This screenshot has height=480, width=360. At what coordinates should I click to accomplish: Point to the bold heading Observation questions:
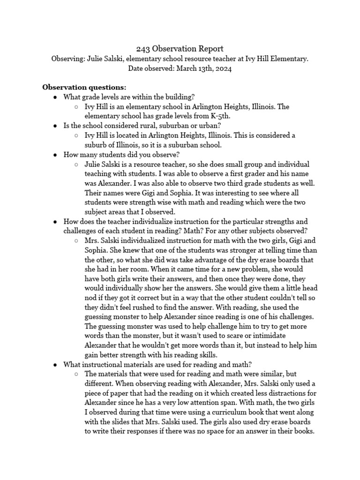point(84,87)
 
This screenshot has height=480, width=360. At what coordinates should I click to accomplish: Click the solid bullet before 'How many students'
point(55,155)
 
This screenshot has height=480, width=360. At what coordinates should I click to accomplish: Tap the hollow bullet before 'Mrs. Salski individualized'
point(76,241)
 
